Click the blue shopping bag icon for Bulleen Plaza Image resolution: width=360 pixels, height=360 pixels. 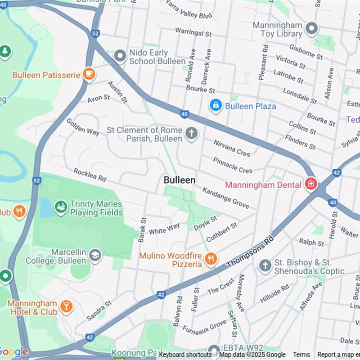point(216,106)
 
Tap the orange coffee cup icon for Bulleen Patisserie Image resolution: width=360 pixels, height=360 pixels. point(89,74)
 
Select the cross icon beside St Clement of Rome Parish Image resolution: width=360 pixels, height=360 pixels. point(192,134)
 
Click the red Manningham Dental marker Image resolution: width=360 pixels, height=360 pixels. point(310,184)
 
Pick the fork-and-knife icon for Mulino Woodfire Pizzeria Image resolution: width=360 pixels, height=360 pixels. point(210,259)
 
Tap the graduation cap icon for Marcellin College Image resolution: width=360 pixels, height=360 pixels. point(95,256)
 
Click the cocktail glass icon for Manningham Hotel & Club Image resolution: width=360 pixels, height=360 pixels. point(66,307)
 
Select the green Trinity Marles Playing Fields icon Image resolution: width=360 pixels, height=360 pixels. point(61,207)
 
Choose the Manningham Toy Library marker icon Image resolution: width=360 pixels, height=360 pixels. point(311,29)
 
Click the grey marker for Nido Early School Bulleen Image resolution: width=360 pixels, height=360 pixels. point(120,56)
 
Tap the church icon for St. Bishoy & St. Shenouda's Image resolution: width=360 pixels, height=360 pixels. point(265,266)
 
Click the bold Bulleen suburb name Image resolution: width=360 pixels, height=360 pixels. point(180,180)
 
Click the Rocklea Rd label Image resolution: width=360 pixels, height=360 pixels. point(90,175)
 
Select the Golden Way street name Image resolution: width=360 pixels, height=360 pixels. point(83,126)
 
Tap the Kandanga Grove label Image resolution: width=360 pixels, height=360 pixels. point(225,198)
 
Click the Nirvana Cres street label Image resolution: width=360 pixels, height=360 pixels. point(232,148)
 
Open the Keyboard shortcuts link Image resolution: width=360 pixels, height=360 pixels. point(185,355)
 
